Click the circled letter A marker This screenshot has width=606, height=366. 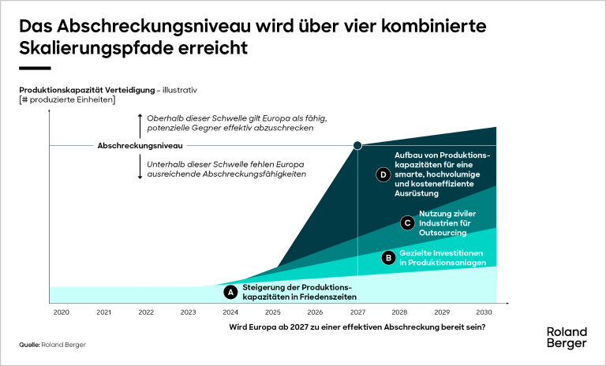tap(231, 292)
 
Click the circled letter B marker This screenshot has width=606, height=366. tap(387, 257)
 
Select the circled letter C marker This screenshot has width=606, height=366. tap(407, 223)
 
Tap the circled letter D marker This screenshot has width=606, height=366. tap(383, 174)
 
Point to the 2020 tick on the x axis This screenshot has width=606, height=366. tap(62, 312)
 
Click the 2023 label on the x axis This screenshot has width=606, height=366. tap(188, 312)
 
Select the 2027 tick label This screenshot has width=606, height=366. tap(357, 312)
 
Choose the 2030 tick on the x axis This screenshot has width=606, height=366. tap(484, 312)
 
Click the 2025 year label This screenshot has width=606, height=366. tap(273, 312)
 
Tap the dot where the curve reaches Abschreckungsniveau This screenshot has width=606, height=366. tap(357, 145)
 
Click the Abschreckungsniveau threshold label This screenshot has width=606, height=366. tap(140, 146)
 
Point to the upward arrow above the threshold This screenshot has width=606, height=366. tap(140, 124)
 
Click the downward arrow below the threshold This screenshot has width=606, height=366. tap(140, 167)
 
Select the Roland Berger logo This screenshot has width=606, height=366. tap(567, 338)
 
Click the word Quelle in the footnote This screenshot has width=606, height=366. tap(30, 345)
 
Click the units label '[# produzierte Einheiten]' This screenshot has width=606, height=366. tap(67, 99)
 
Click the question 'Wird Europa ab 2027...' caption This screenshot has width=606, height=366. tap(357, 327)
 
